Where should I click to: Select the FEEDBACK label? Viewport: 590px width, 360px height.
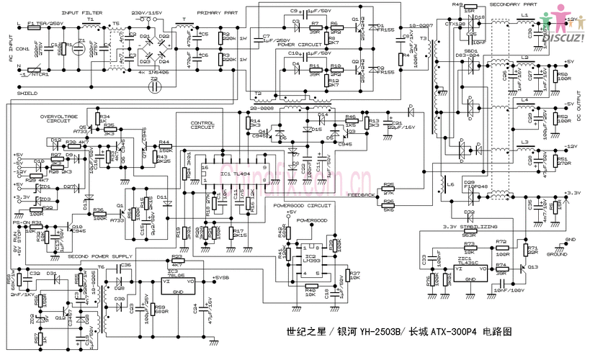[x=361, y=195]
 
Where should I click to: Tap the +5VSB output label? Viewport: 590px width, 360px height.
[x=224, y=277]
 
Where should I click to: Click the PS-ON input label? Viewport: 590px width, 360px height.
[x=21, y=224]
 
